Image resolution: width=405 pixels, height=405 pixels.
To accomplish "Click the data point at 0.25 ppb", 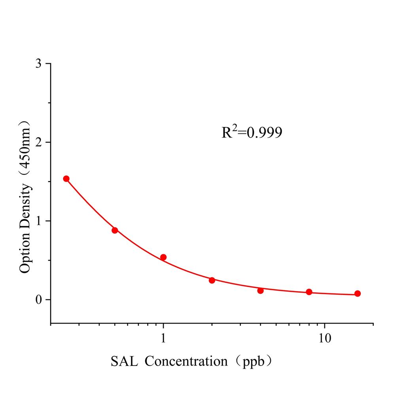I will coord(66,179).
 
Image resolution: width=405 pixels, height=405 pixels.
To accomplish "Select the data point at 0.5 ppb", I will coord(115,230).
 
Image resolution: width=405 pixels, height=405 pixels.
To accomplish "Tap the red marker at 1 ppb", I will coord(163,257).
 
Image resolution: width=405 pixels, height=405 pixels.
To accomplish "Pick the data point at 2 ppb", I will coord(212,280).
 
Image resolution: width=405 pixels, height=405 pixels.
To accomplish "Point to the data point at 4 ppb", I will coord(260,291).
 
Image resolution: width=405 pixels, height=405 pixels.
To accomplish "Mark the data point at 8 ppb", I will coord(309,292).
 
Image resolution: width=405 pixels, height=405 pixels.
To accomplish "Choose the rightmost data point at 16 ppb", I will coord(358,293).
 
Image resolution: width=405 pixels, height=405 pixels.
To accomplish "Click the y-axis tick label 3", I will coord(38,64).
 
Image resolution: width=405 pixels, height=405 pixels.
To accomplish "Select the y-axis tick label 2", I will coord(38,142).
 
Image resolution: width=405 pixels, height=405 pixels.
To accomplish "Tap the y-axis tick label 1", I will coord(38,221).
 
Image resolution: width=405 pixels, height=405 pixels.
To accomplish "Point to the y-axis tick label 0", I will coord(38,299).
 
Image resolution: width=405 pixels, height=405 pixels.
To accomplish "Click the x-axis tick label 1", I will coord(163,337).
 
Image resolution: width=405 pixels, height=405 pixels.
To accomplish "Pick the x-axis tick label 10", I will coord(325,337).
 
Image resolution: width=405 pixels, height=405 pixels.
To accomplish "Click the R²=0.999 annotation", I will coord(252,132).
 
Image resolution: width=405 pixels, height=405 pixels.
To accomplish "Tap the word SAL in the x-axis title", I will coord(125,361).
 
